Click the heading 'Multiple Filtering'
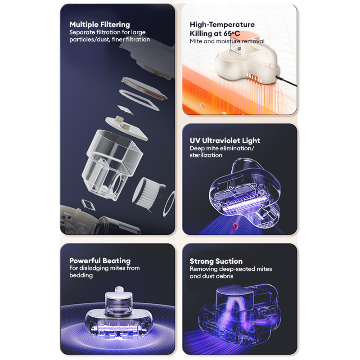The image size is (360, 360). (x=99, y=24)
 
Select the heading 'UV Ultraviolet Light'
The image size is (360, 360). (x=225, y=140)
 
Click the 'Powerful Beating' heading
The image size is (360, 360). (x=100, y=261)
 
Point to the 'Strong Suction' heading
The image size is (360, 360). (x=216, y=261)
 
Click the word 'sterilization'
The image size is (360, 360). (x=206, y=155)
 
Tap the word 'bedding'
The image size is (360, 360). (x=81, y=275)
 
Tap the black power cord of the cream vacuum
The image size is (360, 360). (x=286, y=81)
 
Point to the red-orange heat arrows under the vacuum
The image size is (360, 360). (x=254, y=79)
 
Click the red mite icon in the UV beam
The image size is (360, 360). (x=234, y=226)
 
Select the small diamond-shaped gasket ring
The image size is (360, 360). (x=88, y=205)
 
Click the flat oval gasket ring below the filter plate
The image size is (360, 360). (x=139, y=100)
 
